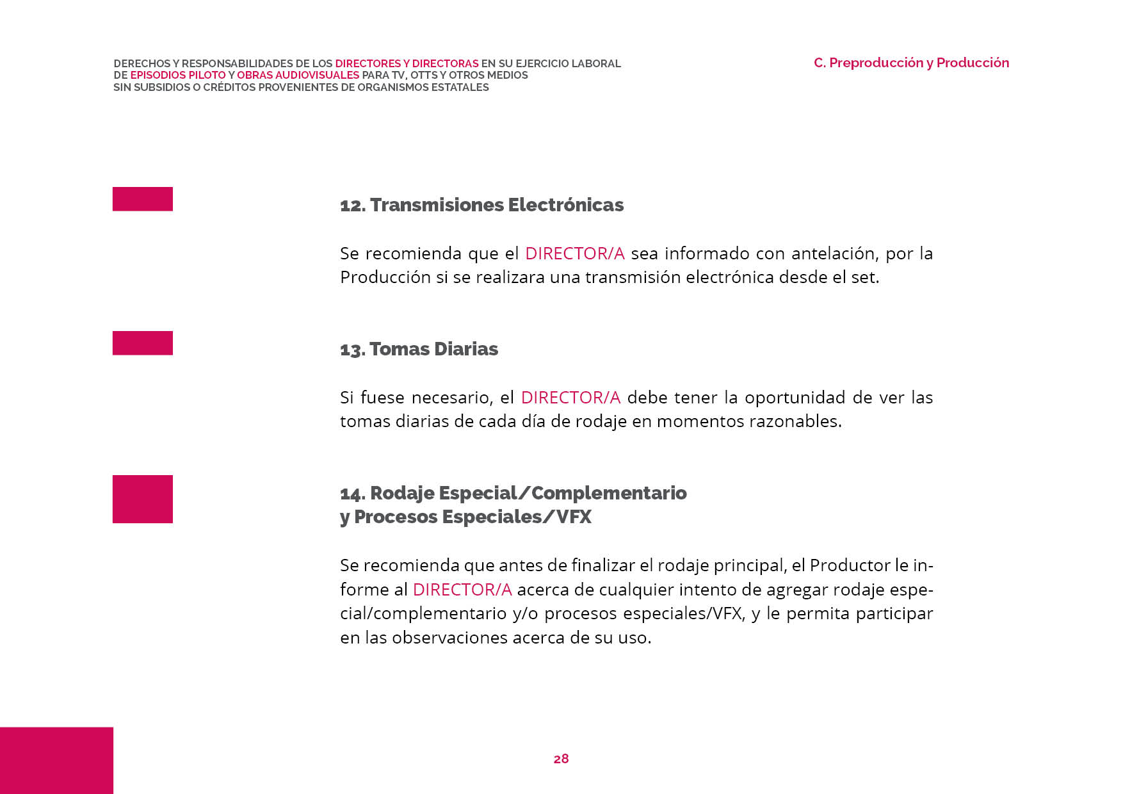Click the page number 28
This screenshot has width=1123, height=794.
tap(561, 759)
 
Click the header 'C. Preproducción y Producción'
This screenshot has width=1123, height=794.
tap(911, 63)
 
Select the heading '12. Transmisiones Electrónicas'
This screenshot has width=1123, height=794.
tap(481, 205)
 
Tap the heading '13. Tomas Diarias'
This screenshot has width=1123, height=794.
tap(419, 349)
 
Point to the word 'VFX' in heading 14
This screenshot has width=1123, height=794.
tap(574, 517)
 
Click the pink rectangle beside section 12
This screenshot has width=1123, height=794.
tap(143, 199)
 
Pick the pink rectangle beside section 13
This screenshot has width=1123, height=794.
tap(143, 343)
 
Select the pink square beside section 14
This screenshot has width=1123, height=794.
tap(143, 499)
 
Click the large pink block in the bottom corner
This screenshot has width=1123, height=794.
tap(56, 760)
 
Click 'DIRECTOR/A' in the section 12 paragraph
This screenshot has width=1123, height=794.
tap(574, 254)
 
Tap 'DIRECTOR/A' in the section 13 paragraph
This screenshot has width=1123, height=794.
tap(570, 398)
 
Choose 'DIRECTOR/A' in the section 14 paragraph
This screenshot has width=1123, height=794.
tap(462, 590)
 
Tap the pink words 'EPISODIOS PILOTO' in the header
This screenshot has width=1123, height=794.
tap(177, 75)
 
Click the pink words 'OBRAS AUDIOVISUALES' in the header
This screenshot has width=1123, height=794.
tap(298, 75)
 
